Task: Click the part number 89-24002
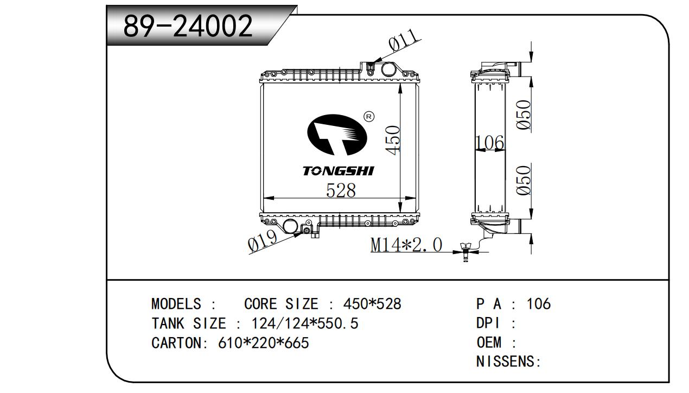coord(188,26)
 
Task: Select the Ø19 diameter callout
coord(263,240)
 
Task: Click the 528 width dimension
coord(341,191)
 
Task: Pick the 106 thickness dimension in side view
coord(489,143)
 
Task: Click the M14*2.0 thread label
coord(406,245)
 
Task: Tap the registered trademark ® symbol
coord(369,117)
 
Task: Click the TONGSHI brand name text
coord(338,172)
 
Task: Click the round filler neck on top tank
coord(388,69)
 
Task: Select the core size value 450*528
coord(372,304)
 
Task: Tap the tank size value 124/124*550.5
coord(304,324)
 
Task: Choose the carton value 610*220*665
coord(263,343)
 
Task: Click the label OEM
coord(489,343)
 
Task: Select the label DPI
coord(488,324)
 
